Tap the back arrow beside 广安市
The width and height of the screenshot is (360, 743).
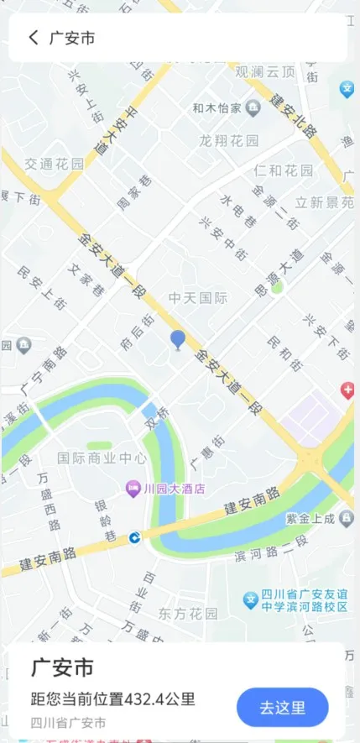34,38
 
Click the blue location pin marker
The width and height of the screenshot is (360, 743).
177,339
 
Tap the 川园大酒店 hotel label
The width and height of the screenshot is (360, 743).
175,489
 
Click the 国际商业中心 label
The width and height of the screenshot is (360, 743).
102,458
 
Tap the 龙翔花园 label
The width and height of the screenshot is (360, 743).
229,140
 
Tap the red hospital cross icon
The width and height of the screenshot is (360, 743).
347,390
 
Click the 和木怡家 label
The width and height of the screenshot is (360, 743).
217,108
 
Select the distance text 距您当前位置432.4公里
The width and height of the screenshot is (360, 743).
113,699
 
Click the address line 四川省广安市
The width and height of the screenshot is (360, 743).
69,723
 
